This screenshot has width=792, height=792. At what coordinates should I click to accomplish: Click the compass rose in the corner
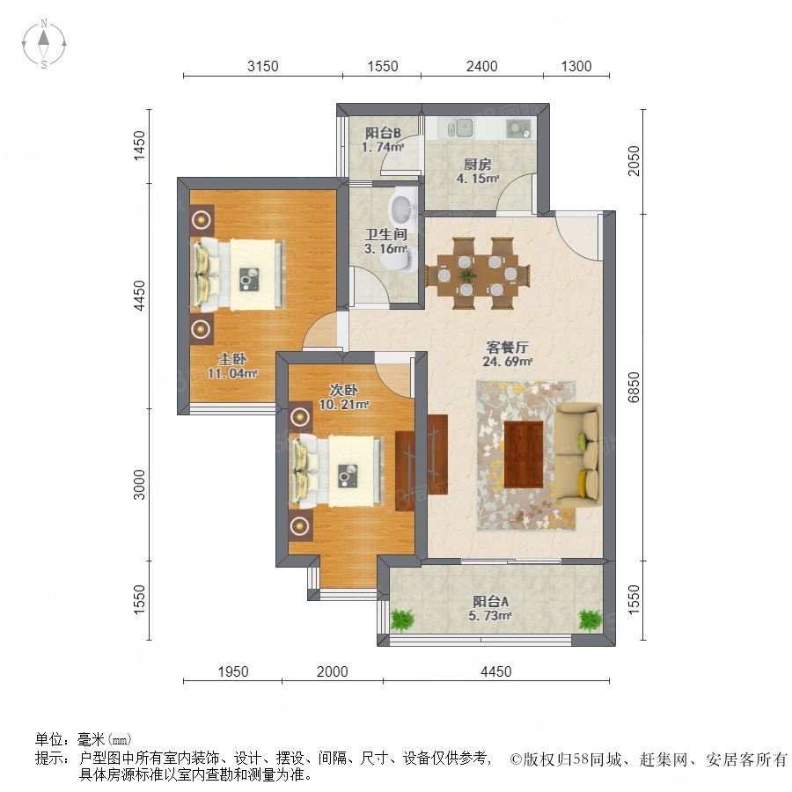(44, 44)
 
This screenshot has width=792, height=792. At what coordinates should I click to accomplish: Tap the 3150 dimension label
(262, 66)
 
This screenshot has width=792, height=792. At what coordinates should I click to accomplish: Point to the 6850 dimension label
(634, 387)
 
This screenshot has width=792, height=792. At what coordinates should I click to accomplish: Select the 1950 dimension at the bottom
(233, 671)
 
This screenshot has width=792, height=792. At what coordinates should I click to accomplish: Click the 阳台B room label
(383, 133)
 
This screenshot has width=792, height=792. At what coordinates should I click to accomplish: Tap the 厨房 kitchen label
(477, 165)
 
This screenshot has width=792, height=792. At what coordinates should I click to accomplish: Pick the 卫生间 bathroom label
(386, 234)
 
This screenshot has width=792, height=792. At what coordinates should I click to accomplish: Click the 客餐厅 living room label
(507, 347)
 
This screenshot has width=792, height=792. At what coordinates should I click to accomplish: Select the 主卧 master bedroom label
(231, 359)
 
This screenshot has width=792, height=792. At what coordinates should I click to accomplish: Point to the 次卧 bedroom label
(343, 390)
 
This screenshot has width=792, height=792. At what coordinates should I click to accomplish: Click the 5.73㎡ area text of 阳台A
(490, 616)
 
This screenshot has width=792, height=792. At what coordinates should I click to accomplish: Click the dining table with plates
(477, 274)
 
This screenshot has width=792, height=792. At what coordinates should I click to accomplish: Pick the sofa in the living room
(578, 454)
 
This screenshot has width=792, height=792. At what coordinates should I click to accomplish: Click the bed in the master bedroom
(238, 274)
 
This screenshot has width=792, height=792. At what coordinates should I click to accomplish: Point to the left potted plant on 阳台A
(402, 620)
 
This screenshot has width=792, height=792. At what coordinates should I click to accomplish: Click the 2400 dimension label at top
(481, 66)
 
